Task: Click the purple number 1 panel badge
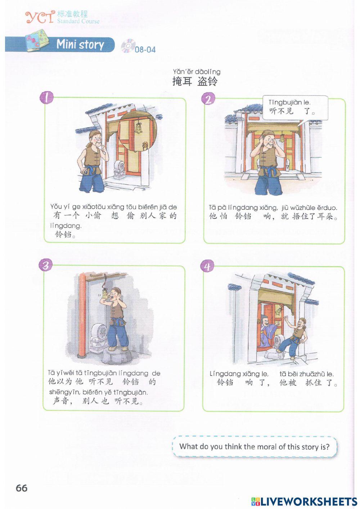(46, 98)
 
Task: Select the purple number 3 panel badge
(45, 265)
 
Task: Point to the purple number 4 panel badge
(207, 266)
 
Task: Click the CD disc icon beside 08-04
(128, 46)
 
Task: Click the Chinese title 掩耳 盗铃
(195, 81)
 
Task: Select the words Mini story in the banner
(80, 44)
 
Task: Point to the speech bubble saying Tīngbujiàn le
(295, 108)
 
